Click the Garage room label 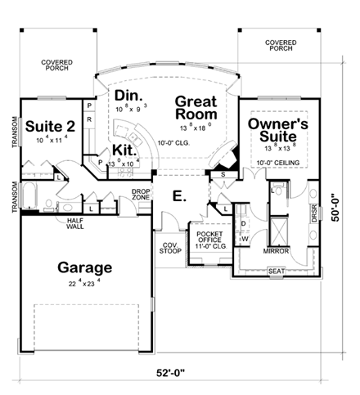(x=84, y=267)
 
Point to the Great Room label (x=195, y=110)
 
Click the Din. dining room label (x=130, y=93)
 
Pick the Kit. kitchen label (x=124, y=150)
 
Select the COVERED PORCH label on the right (x=281, y=45)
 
